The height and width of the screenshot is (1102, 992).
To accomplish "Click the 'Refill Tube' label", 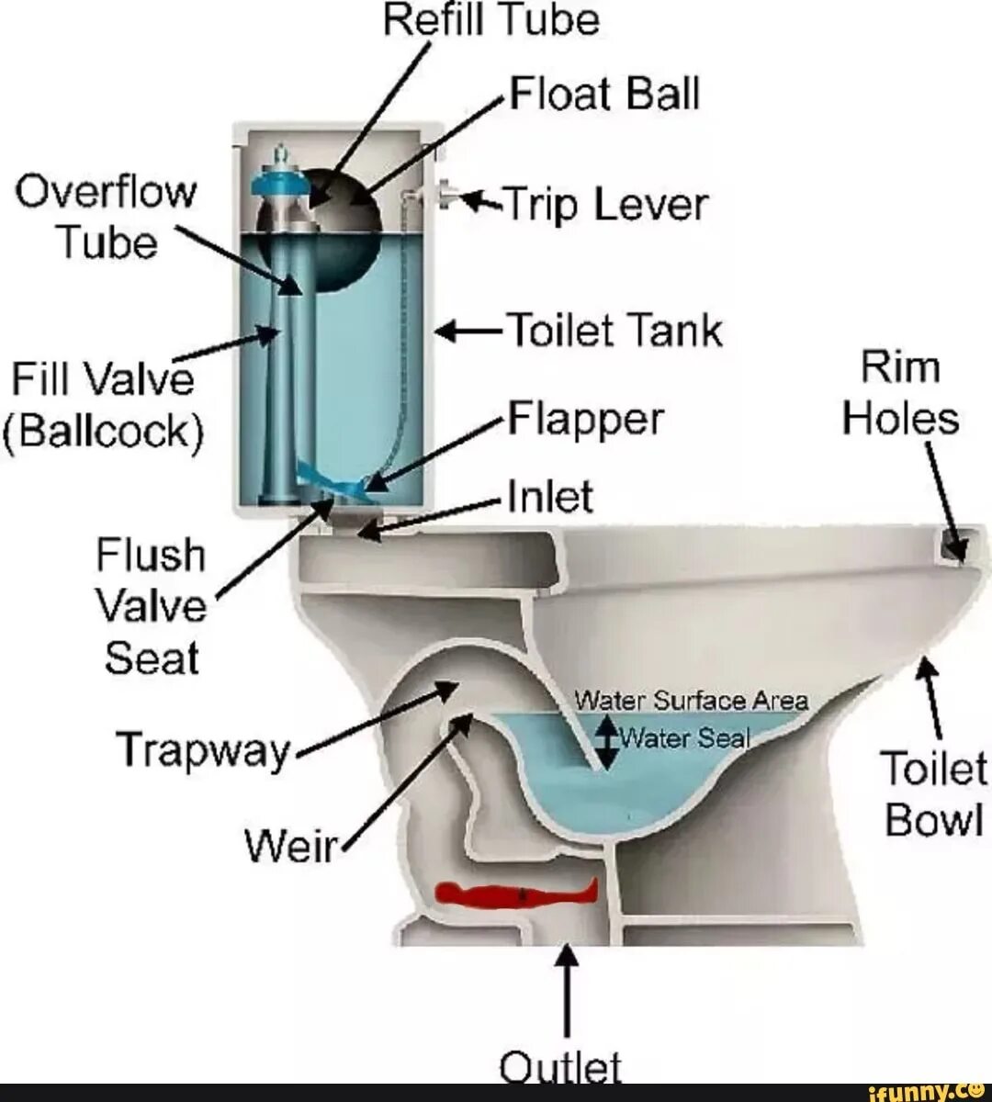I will pyautogui.click(x=491, y=20).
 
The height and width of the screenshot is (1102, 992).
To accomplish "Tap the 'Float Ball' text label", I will pyautogui.click(x=605, y=94).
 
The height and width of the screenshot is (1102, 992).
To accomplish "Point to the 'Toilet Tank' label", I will pyautogui.click(x=615, y=331).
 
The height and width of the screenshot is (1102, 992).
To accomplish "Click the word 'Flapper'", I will pyautogui.click(x=586, y=421).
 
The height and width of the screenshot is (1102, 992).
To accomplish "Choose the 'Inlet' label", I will pyautogui.click(x=550, y=497).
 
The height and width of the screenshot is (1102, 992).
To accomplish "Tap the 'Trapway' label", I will pyautogui.click(x=203, y=749).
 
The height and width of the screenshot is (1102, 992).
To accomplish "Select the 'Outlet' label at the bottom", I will pyautogui.click(x=560, y=1067).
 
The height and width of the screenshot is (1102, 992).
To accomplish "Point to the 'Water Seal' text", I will pyautogui.click(x=685, y=737).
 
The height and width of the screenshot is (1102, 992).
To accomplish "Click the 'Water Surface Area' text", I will pyautogui.click(x=691, y=702).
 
